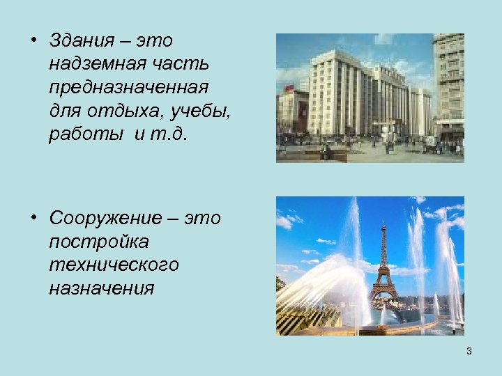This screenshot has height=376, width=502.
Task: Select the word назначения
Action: (x=102, y=288)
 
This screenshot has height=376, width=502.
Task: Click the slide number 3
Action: (x=469, y=352)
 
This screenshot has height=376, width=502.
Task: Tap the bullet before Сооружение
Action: (x=33, y=219)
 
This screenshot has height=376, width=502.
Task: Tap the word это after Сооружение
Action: (x=202, y=218)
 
